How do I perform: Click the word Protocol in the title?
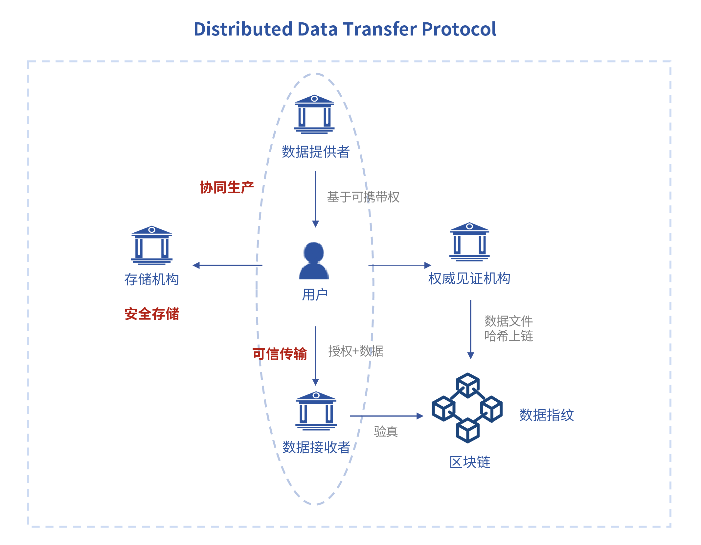[459, 29]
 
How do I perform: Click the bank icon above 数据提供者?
[314, 114]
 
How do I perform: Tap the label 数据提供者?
[316, 152]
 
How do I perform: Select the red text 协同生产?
[227, 187]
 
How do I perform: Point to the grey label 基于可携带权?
[363, 197]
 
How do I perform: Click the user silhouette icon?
[314, 261]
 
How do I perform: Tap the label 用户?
[315, 294]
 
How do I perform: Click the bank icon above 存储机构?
[152, 245]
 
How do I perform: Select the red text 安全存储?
[152, 314]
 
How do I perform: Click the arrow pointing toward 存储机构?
[227, 265]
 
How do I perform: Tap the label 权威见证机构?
[469, 278]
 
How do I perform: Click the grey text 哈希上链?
[509, 336]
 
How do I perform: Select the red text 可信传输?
[280, 354]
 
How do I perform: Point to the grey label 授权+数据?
[356, 351]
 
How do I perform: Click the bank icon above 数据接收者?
[316, 411]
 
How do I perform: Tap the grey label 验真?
[386, 431]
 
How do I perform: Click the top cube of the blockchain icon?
[468, 385]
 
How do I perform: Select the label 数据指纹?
[547, 415]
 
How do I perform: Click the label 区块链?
[470, 462]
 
